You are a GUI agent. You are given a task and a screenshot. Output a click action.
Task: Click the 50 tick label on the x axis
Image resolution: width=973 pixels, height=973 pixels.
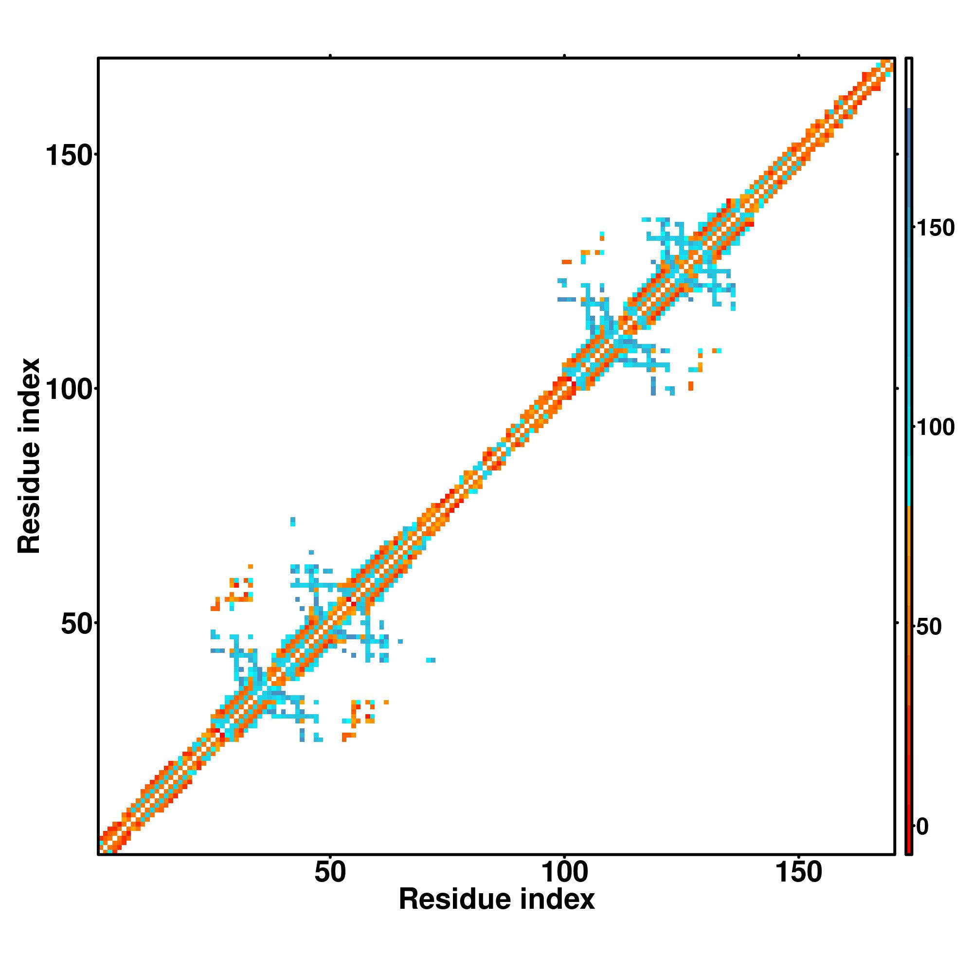[330, 872]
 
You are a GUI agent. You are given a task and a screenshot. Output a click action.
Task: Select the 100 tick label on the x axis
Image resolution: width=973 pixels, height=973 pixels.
[564, 872]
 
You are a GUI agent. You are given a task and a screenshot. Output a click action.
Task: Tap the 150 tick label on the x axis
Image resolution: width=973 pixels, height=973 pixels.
[799, 872]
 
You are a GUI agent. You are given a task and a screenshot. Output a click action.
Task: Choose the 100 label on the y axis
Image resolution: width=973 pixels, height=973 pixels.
[70, 390]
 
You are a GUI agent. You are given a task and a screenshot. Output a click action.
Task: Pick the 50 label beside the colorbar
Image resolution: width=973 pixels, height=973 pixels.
[929, 628]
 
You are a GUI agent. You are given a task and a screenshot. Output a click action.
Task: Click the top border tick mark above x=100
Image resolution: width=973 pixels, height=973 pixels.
[564, 55]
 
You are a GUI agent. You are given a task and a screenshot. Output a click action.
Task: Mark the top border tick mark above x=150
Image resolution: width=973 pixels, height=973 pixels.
[799, 55]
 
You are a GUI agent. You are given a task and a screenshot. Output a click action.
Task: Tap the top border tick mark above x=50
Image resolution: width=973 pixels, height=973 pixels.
[330, 55]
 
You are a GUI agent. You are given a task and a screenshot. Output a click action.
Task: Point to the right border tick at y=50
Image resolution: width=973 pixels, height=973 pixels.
[897, 623]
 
